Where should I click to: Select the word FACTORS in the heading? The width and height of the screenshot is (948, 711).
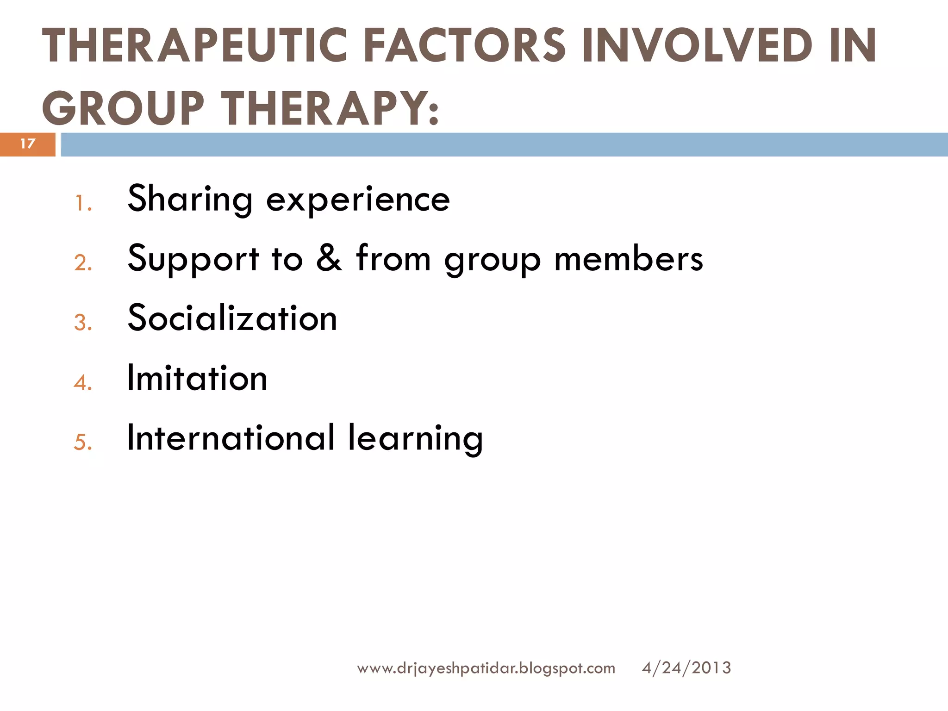pos(464,45)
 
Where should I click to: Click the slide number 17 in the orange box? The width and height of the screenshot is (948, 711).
pos(28,144)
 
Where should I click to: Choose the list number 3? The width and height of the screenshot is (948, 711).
pos(83,323)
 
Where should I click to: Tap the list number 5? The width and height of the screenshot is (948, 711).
pos(83,442)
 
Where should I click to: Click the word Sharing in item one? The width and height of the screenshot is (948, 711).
pos(190,200)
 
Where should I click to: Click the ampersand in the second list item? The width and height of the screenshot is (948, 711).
pos(329,258)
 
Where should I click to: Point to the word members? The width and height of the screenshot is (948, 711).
pos(629,259)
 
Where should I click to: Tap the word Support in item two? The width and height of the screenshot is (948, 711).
pos(193,260)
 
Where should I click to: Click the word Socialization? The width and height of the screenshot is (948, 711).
pos(232,318)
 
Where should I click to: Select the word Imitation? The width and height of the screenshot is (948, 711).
pos(197,378)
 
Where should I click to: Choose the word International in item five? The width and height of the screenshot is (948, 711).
pos(231,437)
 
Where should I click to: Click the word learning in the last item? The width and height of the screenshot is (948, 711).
pos(415,438)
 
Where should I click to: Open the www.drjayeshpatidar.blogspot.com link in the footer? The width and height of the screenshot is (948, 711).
pos(486,668)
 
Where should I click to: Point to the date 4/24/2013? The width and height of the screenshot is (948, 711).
pos(686,668)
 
